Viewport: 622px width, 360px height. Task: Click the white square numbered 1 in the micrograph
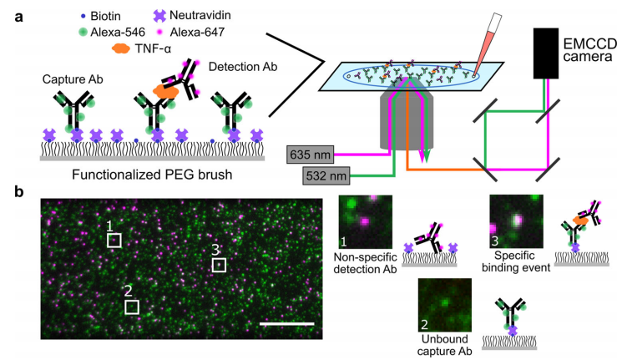click(x=114, y=241)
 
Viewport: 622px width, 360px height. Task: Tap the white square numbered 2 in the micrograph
click(x=132, y=307)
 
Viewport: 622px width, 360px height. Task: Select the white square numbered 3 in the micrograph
click(x=219, y=265)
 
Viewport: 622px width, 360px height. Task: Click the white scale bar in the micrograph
click(x=286, y=323)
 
